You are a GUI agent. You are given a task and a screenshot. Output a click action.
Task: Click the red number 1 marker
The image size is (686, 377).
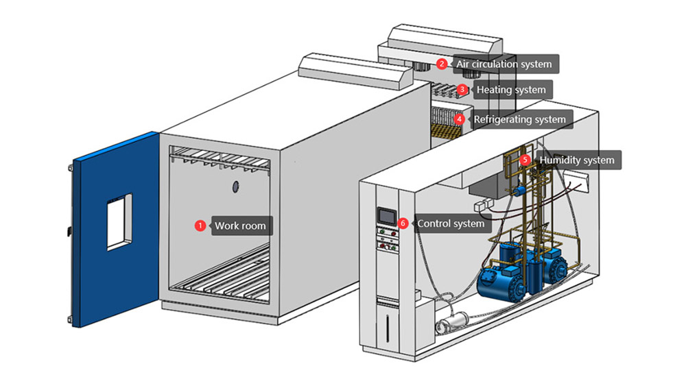(x=200, y=225)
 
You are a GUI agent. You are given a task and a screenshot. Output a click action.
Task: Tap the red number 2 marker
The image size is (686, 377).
(x=442, y=64)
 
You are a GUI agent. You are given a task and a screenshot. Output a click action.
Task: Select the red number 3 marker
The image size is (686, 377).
(x=462, y=89)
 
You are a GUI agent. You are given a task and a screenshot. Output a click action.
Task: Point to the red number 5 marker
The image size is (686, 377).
(x=525, y=160)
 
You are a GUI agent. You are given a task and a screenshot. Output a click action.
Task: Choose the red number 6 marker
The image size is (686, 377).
(x=403, y=223)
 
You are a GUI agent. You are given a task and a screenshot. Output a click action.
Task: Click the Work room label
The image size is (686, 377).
(x=240, y=226)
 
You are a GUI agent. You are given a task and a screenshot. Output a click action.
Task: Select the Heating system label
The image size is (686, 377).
(x=511, y=90)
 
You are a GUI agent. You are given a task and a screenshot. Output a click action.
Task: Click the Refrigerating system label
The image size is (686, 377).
(x=520, y=119)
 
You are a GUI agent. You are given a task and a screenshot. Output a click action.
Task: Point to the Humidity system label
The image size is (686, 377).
(x=576, y=161)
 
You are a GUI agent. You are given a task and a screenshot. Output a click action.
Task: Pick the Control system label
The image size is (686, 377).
(x=450, y=223)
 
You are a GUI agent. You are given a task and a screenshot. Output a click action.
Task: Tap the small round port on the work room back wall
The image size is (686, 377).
(x=235, y=186)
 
